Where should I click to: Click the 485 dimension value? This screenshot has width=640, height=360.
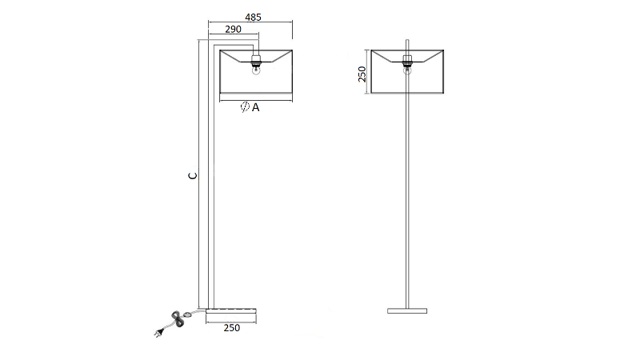point(253,18)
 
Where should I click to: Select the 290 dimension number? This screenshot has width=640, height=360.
point(233,30)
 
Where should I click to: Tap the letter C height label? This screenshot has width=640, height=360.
point(193,175)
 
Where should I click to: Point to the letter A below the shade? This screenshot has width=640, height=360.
point(255,107)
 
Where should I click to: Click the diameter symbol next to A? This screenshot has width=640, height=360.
point(245,107)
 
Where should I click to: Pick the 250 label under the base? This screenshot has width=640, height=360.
point(232,328)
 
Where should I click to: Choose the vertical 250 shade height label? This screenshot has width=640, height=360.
point(362,74)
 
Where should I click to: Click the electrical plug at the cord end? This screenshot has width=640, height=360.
point(159,333)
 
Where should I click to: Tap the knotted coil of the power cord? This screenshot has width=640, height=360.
point(178,318)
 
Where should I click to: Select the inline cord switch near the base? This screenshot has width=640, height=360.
point(188,314)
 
